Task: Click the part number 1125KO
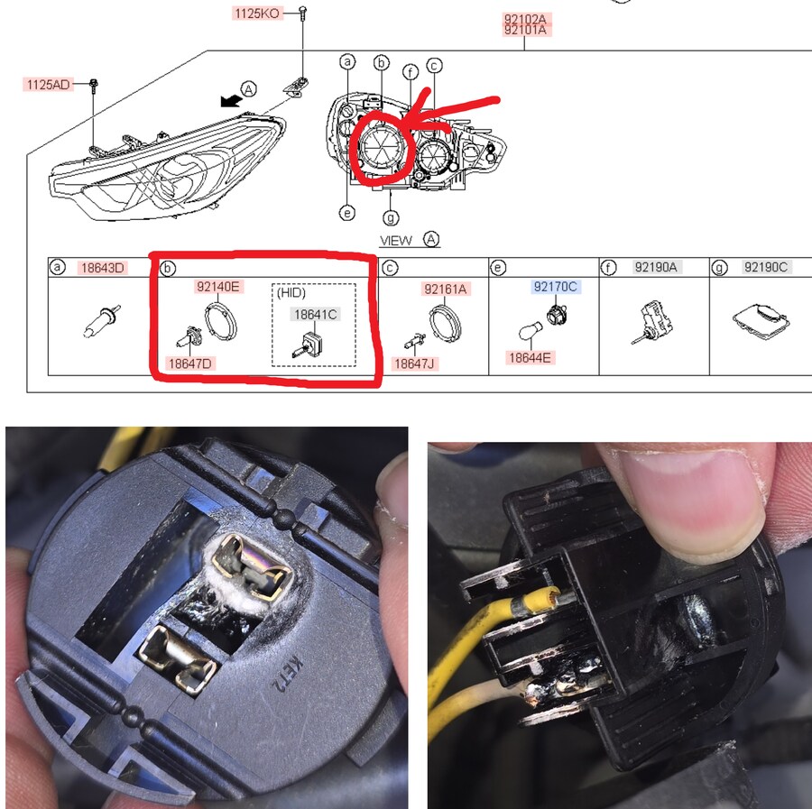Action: (257, 14)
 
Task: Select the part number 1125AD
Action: (48, 85)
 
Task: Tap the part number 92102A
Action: (525, 19)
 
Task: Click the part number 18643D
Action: (103, 268)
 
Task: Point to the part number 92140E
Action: (218, 286)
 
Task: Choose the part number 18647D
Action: (190, 363)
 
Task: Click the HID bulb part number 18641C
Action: (316, 314)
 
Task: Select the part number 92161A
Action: (446, 289)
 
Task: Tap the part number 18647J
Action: (414, 363)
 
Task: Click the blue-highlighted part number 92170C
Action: (555, 286)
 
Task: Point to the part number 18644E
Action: (530, 358)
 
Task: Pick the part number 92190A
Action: (656, 267)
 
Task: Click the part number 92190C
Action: (766, 267)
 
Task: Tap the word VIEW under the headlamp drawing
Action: (396, 241)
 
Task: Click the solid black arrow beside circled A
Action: (230, 100)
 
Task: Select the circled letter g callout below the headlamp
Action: (391, 218)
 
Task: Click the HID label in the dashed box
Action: (291, 293)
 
